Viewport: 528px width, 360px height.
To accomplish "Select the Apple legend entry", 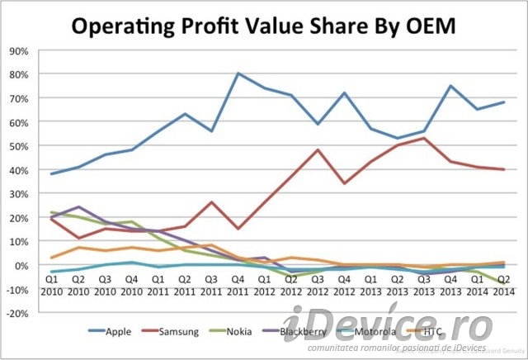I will [129, 332].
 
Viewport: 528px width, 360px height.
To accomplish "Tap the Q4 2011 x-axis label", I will [238, 286].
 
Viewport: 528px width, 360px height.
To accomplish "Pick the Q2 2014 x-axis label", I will [502, 286].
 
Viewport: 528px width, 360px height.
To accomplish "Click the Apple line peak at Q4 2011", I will [238, 73].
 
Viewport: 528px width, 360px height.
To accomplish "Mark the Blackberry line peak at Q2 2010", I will [79, 207].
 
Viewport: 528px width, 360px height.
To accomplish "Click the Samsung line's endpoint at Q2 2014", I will [502, 169].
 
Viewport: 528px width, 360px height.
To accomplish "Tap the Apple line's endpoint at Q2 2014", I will [502, 102].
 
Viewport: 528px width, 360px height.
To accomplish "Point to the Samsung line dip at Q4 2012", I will [344, 183].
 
